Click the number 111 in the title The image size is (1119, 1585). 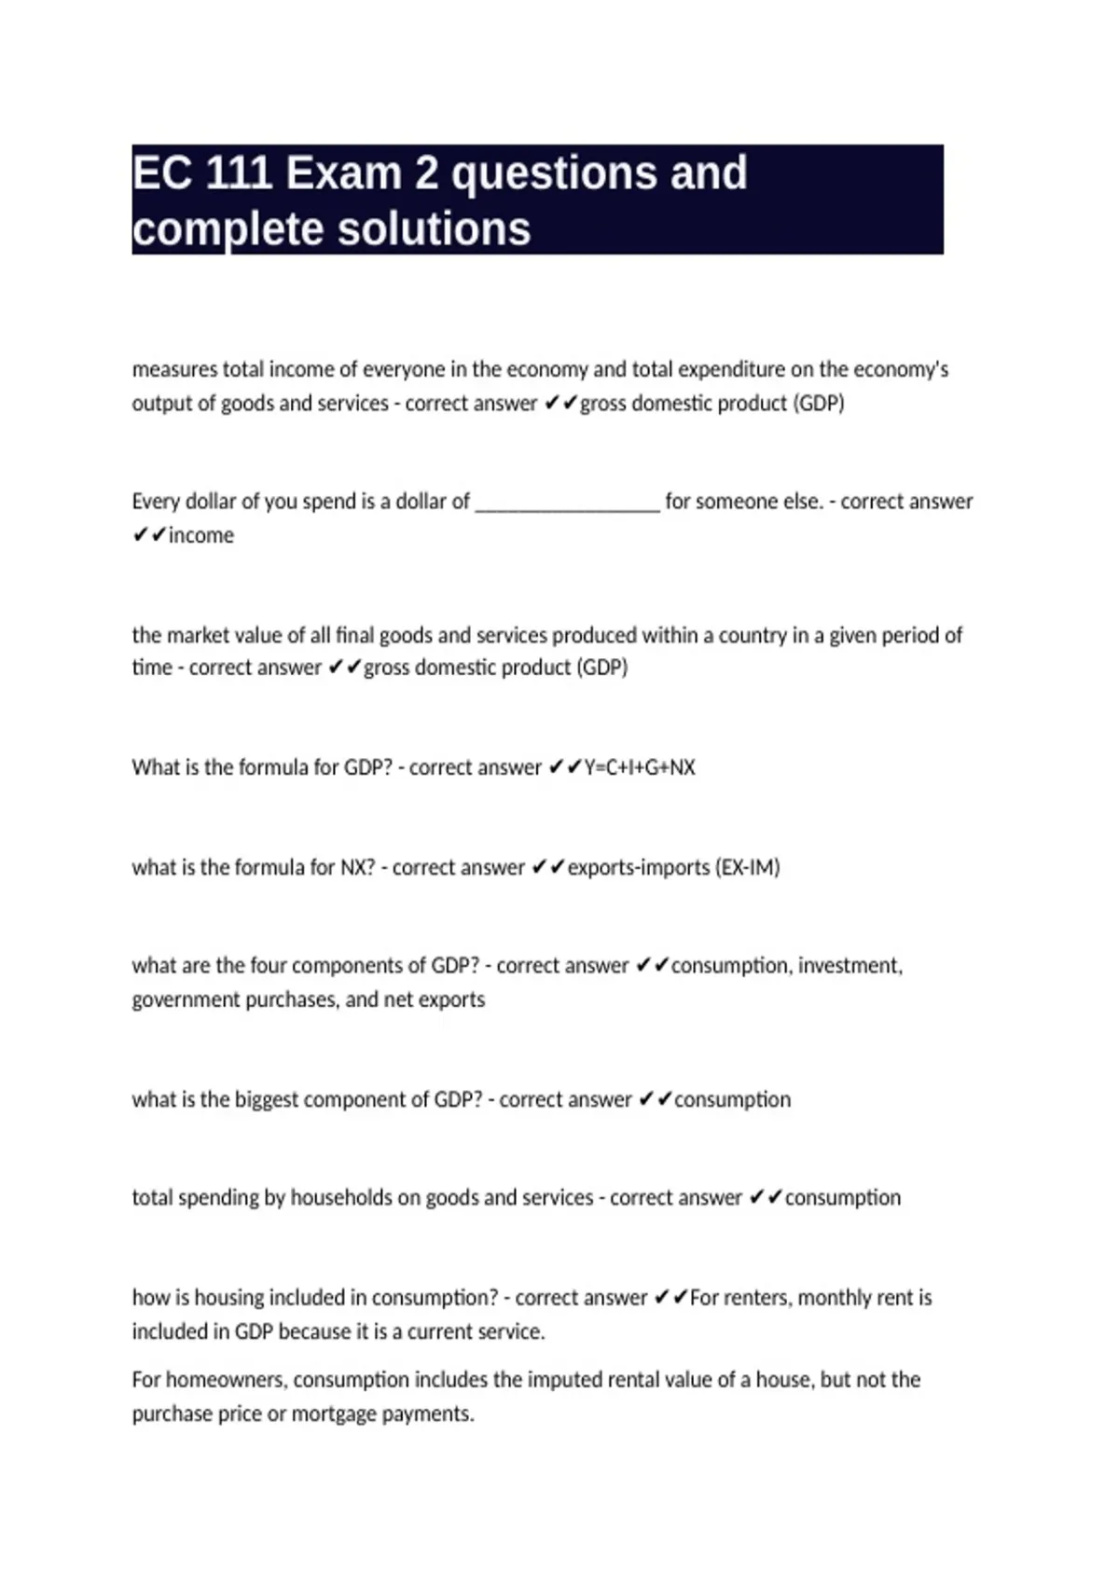[x=238, y=173]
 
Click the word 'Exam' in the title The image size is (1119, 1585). [x=343, y=173]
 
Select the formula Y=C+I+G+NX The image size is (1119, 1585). [x=640, y=767]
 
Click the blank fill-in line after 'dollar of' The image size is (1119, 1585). [x=567, y=503]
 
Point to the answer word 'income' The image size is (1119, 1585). [x=201, y=535]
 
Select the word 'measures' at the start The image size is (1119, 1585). [x=174, y=369]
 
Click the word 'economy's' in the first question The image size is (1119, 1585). [x=902, y=369]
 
